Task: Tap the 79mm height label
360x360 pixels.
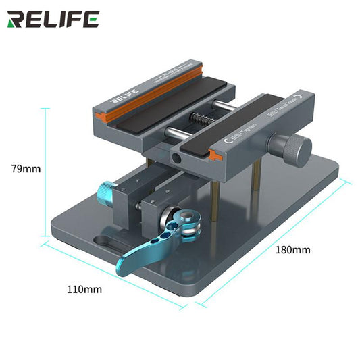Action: pyautogui.click(x=26, y=168)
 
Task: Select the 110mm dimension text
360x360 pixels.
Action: pyautogui.click(x=85, y=289)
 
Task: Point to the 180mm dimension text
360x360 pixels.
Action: pyautogui.click(x=292, y=249)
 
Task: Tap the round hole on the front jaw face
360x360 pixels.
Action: pyautogui.click(x=177, y=158)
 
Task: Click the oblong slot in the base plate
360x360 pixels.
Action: pyautogui.click(x=107, y=241)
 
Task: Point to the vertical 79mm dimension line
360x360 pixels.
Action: pyautogui.click(x=45, y=169)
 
